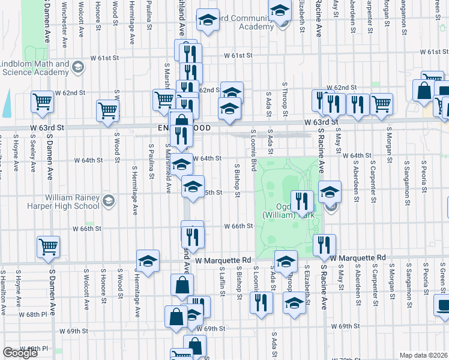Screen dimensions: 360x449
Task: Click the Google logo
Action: [20, 352]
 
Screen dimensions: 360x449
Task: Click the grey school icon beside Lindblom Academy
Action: [77, 67]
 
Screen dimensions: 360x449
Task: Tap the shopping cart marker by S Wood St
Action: [107, 110]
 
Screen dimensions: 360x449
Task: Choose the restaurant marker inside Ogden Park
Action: [302, 200]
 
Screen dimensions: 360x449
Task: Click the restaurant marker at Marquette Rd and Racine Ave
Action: [324, 244]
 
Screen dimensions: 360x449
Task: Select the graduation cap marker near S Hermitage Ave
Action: [148, 261]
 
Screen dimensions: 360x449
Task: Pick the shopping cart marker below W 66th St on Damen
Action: [48, 246]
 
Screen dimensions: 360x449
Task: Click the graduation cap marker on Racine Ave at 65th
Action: [330, 193]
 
